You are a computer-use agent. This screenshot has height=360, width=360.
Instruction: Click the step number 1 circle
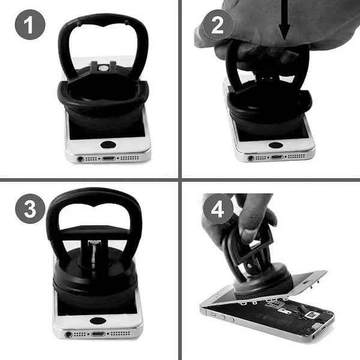30,25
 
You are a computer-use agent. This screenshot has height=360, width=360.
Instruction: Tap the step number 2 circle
218,25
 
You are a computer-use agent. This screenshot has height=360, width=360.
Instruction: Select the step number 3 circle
30,209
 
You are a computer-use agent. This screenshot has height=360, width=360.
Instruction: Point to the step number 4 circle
218,209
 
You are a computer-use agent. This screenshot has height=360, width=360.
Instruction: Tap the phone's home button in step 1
108,145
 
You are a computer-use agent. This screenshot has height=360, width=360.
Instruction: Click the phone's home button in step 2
275,145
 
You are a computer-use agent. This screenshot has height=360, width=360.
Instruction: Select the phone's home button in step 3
98,321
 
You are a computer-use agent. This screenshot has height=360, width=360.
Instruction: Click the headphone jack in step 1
80,159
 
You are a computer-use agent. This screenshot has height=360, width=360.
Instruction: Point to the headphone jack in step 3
68,335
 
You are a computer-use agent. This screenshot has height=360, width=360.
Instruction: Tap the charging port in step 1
109,158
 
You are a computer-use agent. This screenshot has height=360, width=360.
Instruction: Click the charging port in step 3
98,334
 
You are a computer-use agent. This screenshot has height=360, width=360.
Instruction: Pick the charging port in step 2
277,157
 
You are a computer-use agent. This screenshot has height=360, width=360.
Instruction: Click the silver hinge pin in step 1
103,68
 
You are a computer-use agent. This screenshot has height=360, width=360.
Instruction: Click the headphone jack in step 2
251,158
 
